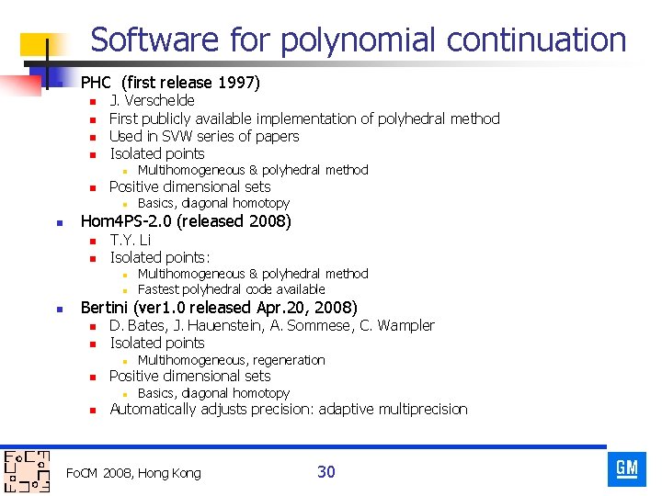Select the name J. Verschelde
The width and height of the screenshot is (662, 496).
pyautogui.click(x=152, y=100)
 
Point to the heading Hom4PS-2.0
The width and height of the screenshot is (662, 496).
pyautogui.click(x=124, y=221)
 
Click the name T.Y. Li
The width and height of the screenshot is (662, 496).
pyautogui.click(x=130, y=240)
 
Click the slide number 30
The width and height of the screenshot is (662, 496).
pyautogui.click(x=326, y=472)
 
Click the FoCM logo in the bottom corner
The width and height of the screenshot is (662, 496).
pyautogui.click(x=27, y=470)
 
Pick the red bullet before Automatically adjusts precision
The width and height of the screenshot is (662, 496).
pyautogui.click(x=92, y=411)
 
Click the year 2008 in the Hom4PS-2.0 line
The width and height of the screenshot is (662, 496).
pyautogui.click(x=267, y=221)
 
